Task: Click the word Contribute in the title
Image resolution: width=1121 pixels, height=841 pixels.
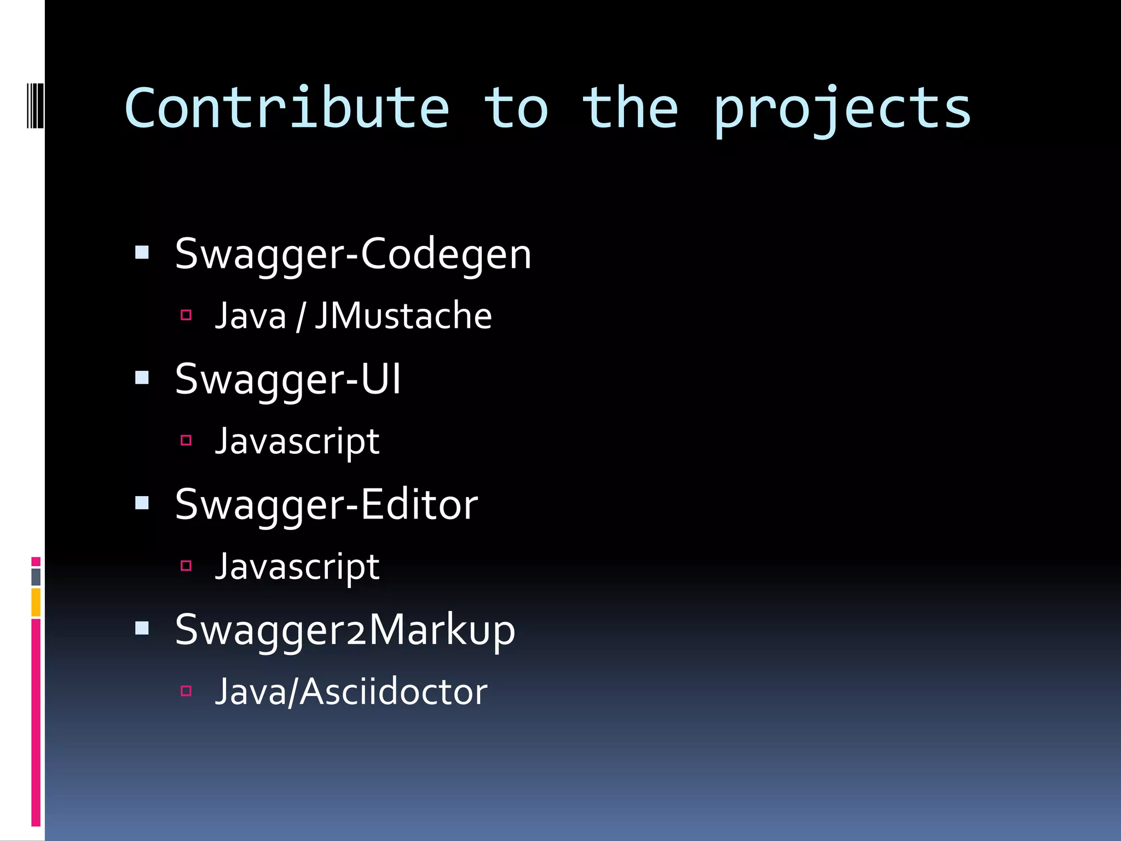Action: pyautogui.click(x=287, y=109)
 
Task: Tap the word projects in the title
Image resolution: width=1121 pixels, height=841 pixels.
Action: pyautogui.click(x=842, y=110)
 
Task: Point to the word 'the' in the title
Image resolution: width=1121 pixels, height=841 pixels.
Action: pyautogui.click(x=629, y=109)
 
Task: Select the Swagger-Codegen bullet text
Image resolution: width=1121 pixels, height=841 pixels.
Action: pyautogui.click(x=353, y=255)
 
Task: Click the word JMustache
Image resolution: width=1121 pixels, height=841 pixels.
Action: pyautogui.click(x=403, y=316)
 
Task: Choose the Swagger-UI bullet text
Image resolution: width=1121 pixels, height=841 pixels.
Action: pyautogui.click(x=288, y=379)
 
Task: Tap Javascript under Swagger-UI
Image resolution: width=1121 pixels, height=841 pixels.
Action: pyautogui.click(x=297, y=442)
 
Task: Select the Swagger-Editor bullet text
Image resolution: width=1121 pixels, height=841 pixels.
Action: pyautogui.click(x=326, y=505)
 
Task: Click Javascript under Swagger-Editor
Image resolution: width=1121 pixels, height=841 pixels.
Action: pyautogui.click(x=297, y=567)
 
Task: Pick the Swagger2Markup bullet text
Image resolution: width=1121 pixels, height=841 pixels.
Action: pyautogui.click(x=345, y=630)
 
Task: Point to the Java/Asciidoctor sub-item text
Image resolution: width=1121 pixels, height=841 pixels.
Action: pyautogui.click(x=351, y=692)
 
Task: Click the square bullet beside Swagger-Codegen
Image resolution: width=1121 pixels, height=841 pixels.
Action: pyautogui.click(x=142, y=252)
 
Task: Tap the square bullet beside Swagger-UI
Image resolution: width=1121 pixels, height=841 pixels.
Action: pyautogui.click(x=142, y=378)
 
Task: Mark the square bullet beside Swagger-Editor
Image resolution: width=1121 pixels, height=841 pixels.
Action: pyautogui.click(x=142, y=503)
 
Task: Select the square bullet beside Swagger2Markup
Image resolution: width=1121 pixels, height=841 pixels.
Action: pyautogui.click(x=142, y=628)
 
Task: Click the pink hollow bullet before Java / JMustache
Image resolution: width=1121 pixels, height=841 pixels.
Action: pyautogui.click(x=186, y=315)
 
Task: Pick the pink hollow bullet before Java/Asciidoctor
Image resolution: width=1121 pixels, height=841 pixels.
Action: pyautogui.click(x=186, y=691)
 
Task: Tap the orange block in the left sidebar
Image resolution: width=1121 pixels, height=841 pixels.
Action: pyautogui.click(x=36, y=602)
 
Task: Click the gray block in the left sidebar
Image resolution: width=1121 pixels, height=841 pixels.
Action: pyautogui.click(x=36, y=577)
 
